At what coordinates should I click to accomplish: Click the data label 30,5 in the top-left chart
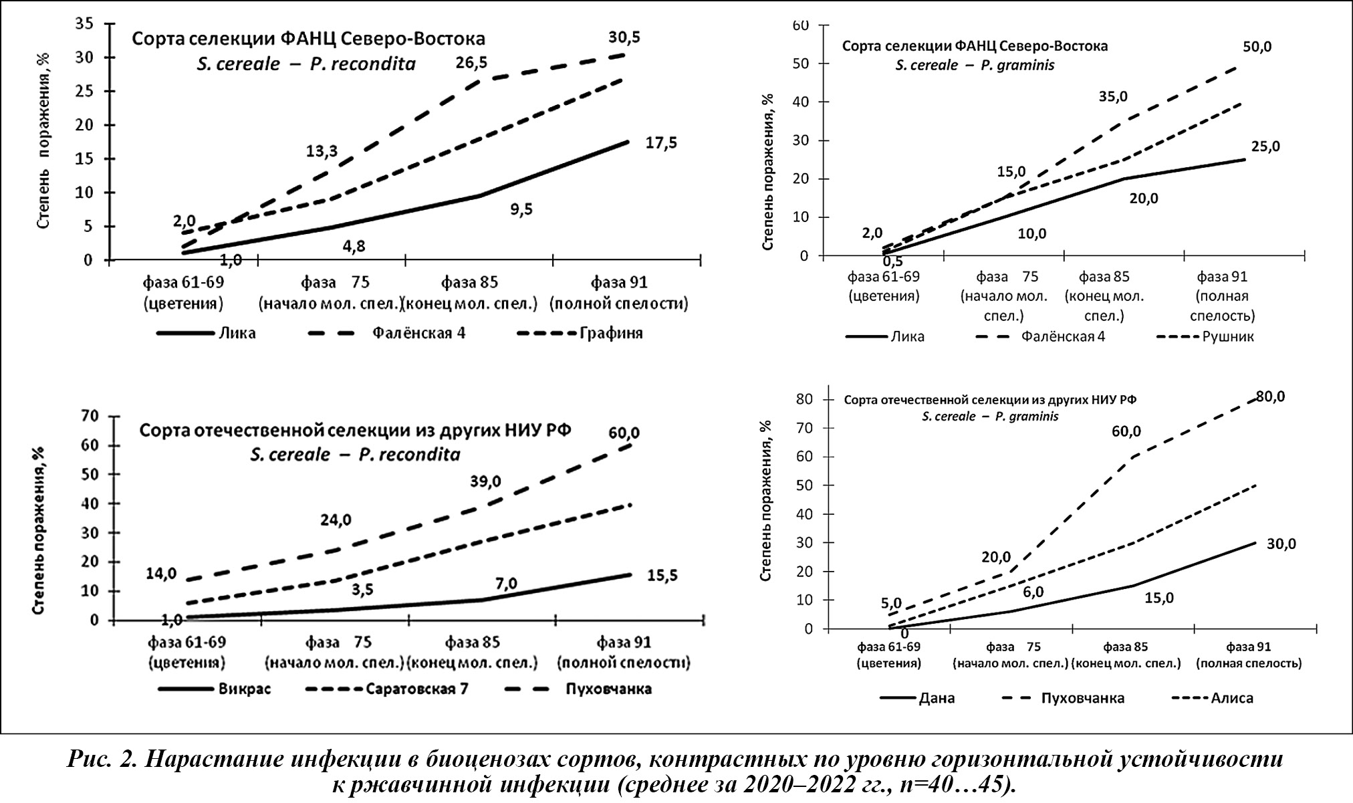624,37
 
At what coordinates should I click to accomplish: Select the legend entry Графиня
611,333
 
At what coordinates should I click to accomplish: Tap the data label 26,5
471,63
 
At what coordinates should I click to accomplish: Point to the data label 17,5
661,142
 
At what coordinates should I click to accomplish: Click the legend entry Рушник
1228,336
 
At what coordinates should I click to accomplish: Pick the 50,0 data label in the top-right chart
1257,47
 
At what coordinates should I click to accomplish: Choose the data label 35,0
1113,96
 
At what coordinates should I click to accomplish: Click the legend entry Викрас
245,689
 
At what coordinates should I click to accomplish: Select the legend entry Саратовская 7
416,689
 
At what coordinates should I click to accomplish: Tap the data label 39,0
485,481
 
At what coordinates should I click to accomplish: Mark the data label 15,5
662,575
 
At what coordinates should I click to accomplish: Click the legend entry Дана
937,699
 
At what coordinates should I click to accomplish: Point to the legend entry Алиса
1231,699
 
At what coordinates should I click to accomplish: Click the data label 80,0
1270,396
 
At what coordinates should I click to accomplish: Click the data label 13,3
322,151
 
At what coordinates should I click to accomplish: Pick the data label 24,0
336,520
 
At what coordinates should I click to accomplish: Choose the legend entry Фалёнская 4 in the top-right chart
1063,336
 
